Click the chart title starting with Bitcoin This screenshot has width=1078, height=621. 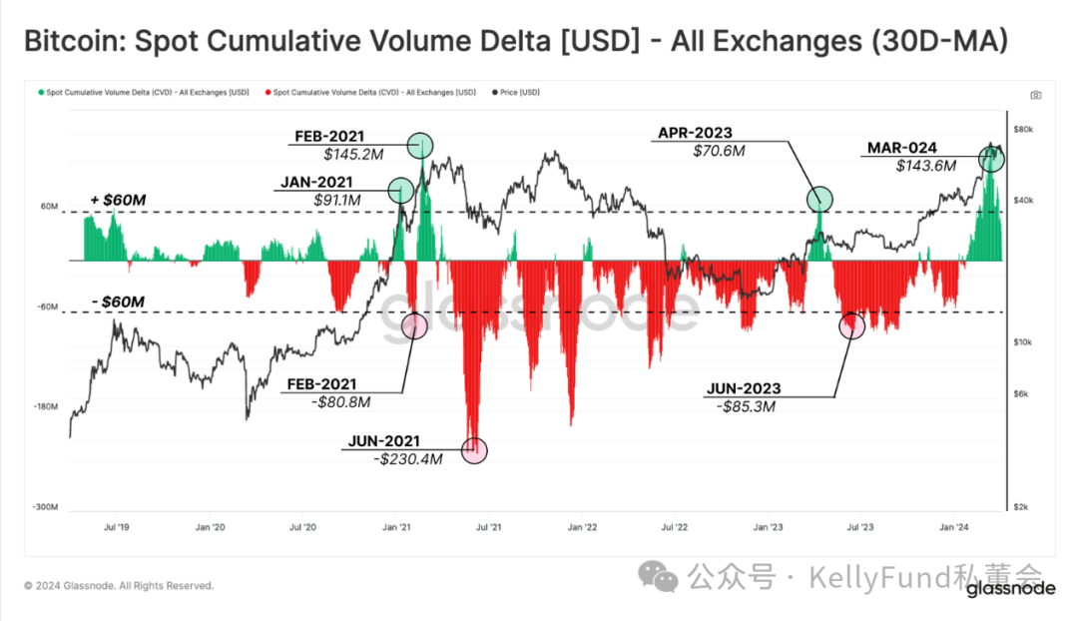(x=515, y=41)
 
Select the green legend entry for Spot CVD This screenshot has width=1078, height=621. (x=144, y=92)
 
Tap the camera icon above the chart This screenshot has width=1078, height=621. (x=1036, y=95)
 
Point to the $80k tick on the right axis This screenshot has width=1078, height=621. (x=1023, y=131)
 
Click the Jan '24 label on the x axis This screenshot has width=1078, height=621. (x=955, y=526)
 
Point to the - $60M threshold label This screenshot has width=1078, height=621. (x=117, y=302)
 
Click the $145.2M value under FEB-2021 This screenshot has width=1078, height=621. (x=346, y=155)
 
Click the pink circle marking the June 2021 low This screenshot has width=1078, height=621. (x=476, y=451)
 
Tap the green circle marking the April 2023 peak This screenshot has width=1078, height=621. (x=819, y=200)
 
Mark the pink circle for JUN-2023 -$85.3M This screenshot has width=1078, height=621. (x=851, y=325)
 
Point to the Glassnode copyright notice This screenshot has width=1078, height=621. (x=119, y=586)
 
